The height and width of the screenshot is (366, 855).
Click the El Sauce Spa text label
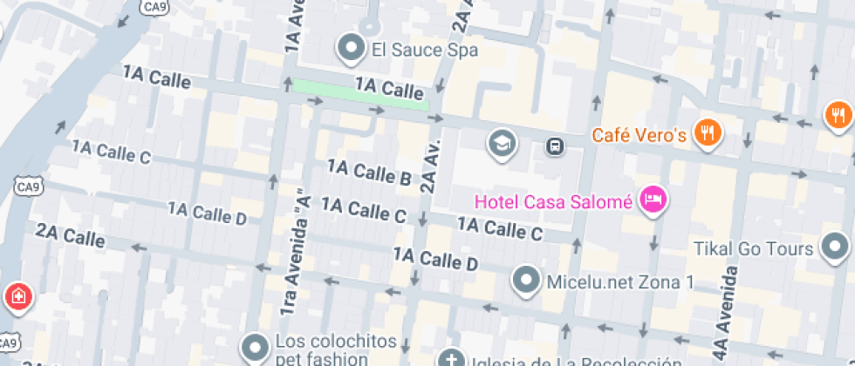426,50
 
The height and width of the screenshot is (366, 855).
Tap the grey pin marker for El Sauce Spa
352,49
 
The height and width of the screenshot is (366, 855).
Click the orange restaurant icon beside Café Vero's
707,133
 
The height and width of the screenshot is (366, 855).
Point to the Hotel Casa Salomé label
553,202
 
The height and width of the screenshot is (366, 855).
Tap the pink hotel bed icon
652,200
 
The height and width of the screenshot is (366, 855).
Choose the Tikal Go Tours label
755,249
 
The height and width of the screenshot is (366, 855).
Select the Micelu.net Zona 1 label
619,281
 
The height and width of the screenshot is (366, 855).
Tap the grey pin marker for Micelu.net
526,281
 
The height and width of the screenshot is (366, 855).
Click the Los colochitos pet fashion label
336,349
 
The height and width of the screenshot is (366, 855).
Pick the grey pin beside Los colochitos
256,348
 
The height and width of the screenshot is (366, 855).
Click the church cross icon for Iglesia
451,359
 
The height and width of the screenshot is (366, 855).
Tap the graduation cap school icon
502,143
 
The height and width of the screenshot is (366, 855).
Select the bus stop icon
554,146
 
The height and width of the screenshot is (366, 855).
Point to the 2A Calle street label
71,234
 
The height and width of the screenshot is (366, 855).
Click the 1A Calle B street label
369,172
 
